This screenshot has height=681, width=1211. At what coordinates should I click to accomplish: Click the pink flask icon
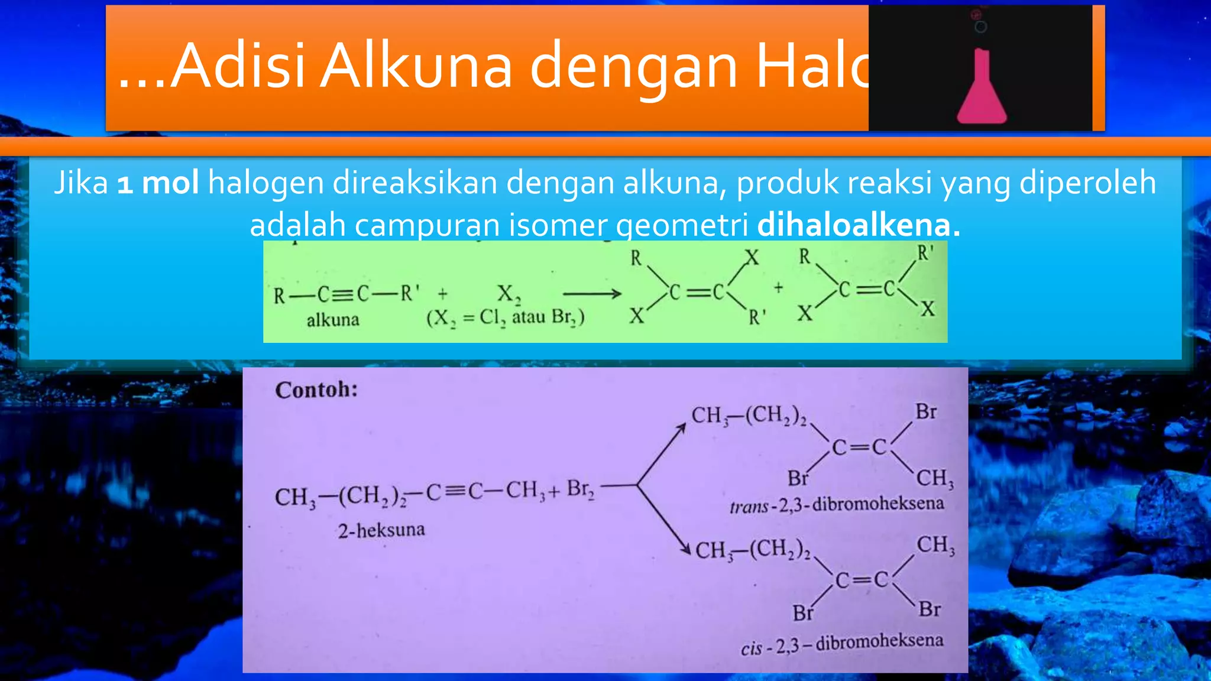click(x=982, y=89)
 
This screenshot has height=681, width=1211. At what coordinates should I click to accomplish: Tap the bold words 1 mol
click(x=158, y=183)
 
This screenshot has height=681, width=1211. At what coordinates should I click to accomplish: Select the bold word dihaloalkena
click(x=858, y=225)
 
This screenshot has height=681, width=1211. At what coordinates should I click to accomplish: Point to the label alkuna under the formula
click(x=333, y=320)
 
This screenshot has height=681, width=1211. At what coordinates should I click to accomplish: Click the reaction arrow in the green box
click(x=591, y=294)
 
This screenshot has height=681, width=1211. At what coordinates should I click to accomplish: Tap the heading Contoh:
click(x=316, y=390)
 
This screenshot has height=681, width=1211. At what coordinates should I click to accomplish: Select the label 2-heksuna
click(x=381, y=530)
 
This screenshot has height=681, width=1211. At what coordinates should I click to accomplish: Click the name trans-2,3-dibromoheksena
click(x=836, y=505)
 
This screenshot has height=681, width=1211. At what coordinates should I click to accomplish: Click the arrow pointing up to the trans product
click(x=662, y=452)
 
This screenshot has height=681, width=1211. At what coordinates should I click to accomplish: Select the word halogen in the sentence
click(x=265, y=183)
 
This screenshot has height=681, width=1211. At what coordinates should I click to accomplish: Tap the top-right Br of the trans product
click(x=926, y=412)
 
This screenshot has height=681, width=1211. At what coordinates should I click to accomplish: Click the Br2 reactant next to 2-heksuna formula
click(x=580, y=489)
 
